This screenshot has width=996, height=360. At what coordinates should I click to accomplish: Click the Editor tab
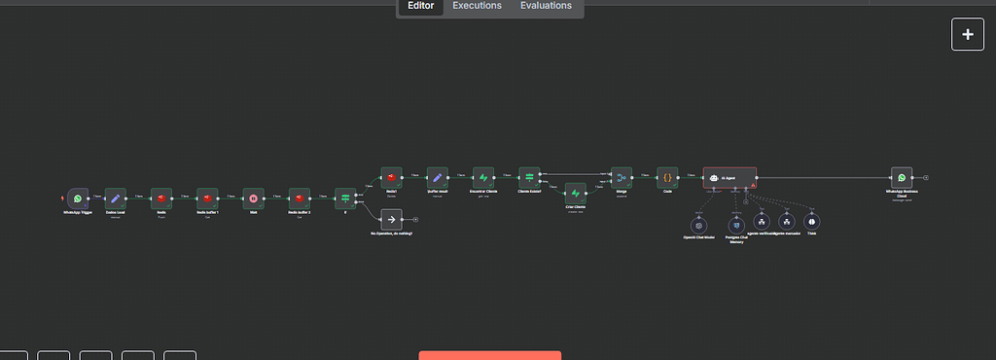pos(420,6)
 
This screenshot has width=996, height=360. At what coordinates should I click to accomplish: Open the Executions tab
pos(477,6)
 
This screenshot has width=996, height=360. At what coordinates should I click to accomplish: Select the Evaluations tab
pos(546,6)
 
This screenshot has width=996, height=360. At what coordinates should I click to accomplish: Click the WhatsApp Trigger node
pos(78,198)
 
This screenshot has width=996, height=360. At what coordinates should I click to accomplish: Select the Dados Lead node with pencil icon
pos(116,198)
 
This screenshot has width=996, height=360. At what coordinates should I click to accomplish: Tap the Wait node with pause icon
pos(252,198)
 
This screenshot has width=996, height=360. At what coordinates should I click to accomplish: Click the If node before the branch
pos(344,198)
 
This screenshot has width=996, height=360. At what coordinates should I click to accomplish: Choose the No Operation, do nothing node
pos(390,220)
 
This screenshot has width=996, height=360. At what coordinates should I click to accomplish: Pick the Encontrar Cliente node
pos(483,177)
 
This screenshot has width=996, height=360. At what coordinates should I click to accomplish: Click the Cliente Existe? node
pos(529,177)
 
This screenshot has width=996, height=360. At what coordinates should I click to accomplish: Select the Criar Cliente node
pos(576,194)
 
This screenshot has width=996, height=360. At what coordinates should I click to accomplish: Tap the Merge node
pos(622,177)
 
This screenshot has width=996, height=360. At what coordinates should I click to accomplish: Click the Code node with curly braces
pos(667,177)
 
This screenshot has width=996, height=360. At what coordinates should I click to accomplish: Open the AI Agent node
pos(729,177)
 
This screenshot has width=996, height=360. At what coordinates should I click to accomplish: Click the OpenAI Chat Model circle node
pos(698,225)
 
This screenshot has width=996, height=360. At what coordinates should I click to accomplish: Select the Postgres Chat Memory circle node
pos(736,225)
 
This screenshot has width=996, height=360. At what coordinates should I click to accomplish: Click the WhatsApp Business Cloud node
pos(902,177)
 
